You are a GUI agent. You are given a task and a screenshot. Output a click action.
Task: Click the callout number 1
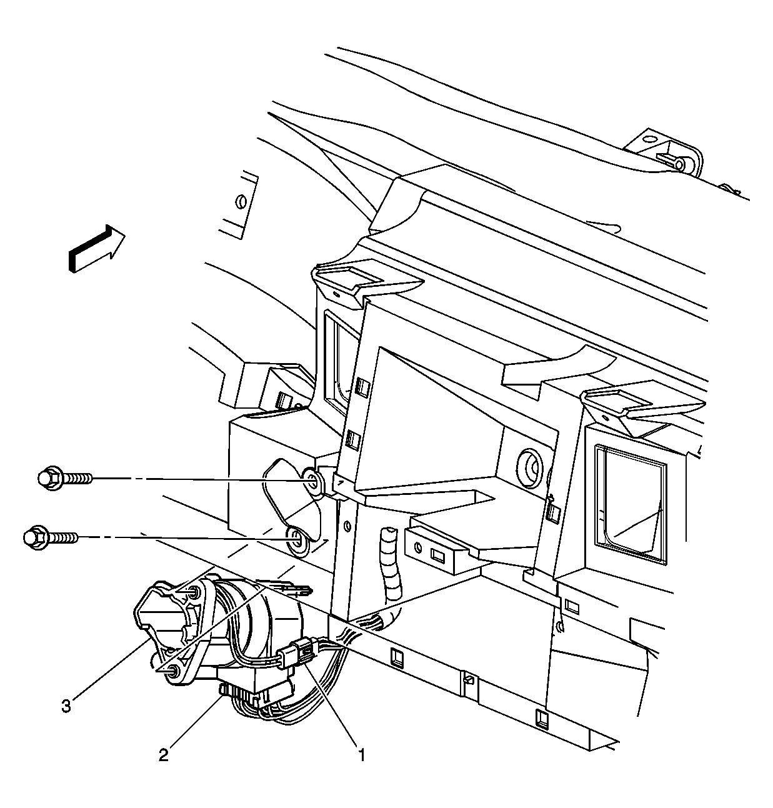(x=362, y=756)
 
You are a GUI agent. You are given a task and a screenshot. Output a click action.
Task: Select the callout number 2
(x=164, y=755)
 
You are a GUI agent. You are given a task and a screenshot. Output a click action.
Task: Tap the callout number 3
(x=66, y=706)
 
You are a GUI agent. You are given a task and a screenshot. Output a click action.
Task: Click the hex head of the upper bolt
(x=50, y=479)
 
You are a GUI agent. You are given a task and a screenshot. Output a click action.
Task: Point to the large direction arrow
(x=96, y=249)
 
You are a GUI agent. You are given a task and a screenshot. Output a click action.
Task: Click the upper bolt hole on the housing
(x=312, y=482)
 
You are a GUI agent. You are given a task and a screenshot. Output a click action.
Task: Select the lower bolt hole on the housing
(x=297, y=541)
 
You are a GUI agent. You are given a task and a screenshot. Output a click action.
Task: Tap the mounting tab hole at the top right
(x=679, y=165)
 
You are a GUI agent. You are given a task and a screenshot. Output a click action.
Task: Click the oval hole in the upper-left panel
(x=241, y=202)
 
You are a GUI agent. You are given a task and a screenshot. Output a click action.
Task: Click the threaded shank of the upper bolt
(x=77, y=479)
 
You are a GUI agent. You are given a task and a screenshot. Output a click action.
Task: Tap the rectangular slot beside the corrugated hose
(x=437, y=556)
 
